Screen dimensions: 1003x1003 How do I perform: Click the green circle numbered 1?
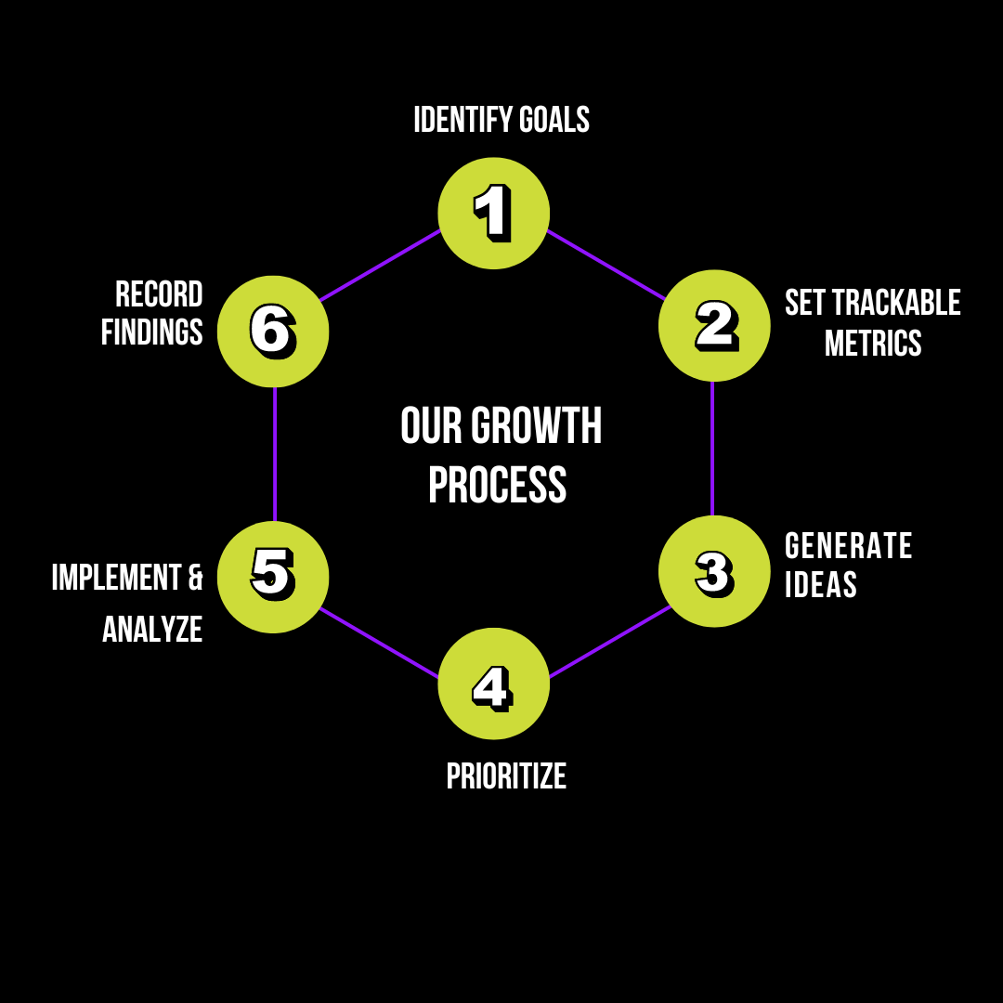point(493,213)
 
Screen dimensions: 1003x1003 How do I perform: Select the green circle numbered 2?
point(714,325)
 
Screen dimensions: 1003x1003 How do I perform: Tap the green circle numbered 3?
point(714,571)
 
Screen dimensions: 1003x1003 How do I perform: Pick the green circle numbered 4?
point(493,684)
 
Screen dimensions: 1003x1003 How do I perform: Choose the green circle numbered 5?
point(273,577)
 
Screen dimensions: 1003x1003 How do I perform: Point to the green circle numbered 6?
point(273,331)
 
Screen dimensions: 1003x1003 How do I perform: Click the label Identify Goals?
point(501,120)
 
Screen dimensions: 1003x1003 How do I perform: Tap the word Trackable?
point(896,303)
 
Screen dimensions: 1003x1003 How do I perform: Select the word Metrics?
point(873,344)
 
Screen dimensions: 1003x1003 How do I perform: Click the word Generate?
point(849,546)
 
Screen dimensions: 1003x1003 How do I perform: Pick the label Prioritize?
point(506,776)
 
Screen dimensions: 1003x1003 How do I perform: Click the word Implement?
point(116,578)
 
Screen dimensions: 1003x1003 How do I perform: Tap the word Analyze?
point(152,630)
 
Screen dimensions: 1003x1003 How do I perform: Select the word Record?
point(159,294)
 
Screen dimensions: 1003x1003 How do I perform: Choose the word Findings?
point(152,332)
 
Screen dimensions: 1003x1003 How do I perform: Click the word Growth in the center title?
point(537,426)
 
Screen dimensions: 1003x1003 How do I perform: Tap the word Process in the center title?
point(498,486)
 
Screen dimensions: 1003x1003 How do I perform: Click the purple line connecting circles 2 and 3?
point(712,448)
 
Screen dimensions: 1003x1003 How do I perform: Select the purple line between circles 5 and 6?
point(275,453)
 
